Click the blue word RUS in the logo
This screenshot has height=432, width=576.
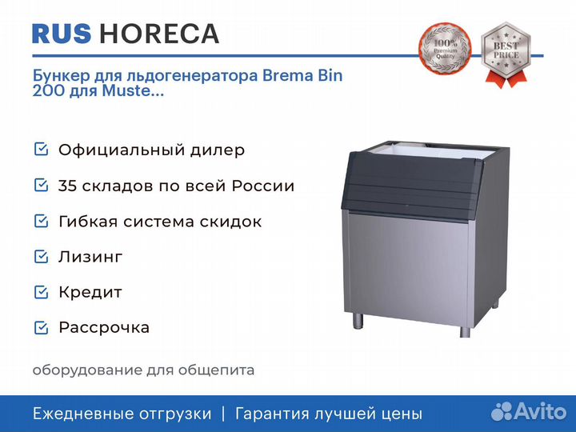[x=62, y=34]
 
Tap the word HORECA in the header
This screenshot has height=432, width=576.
[x=159, y=34]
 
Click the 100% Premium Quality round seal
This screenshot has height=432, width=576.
[x=445, y=49]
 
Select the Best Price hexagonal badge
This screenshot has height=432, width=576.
[x=506, y=54]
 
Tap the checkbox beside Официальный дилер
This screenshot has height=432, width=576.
[x=41, y=149]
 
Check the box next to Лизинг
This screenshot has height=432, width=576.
[x=41, y=257]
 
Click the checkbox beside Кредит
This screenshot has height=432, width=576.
[x=41, y=292]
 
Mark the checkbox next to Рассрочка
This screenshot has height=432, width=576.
[x=41, y=327]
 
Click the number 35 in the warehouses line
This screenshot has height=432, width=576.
[x=67, y=186]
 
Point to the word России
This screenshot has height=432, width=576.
[x=263, y=186]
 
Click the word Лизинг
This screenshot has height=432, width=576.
[x=90, y=257]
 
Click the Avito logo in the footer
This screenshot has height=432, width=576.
[x=529, y=411]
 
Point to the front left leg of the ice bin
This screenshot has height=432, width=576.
[x=358, y=319]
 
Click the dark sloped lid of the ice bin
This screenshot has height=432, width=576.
[x=411, y=186]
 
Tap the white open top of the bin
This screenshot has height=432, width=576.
[x=434, y=150]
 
